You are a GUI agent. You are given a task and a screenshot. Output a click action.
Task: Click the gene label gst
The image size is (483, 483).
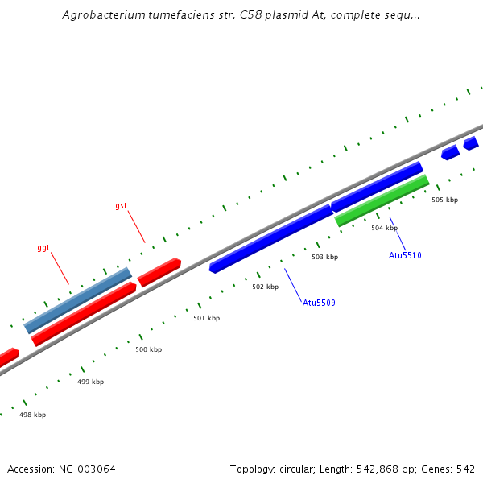tap(121, 206)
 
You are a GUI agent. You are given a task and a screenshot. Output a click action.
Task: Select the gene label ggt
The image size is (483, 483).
tap(43, 248)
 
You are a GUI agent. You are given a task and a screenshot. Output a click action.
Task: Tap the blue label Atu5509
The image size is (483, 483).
tap(319, 303)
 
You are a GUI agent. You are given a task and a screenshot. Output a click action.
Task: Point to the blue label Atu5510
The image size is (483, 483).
tap(405, 255)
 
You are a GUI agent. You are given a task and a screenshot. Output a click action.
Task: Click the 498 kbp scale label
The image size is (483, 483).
tap(32, 415)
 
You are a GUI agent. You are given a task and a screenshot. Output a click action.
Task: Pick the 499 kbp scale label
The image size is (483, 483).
tap(90, 382)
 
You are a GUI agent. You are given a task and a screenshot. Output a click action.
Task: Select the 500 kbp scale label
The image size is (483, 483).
tap(148, 349)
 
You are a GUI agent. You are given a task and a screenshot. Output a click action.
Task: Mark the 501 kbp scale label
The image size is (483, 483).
tap(206, 318)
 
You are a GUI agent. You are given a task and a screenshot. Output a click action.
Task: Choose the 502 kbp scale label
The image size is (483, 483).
tap(265, 287)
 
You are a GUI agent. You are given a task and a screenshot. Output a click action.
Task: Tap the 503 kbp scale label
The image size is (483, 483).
tap(324, 257)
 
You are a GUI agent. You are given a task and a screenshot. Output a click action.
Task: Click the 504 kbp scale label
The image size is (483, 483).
tap(384, 228)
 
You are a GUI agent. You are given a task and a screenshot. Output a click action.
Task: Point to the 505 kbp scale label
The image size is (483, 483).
tap(444, 200)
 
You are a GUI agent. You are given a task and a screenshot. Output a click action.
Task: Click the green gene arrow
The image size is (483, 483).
tap(382, 200)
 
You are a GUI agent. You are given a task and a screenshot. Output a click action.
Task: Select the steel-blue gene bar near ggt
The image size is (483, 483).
tap(78, 300)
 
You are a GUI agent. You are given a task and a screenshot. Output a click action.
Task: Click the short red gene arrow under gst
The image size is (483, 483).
tap(159, 272)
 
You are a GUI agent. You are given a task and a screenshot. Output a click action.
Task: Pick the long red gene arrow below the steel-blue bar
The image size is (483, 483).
tap(84, 314)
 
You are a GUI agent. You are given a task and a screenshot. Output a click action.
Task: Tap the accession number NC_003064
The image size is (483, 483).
tap(86, 469)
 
